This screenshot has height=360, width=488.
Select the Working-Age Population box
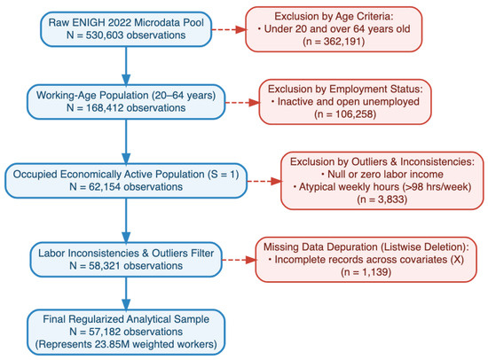coord(126,102)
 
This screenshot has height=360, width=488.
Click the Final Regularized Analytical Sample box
coord(126,332)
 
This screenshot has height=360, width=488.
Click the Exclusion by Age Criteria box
coord(334,29)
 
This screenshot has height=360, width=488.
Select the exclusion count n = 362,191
coord(334,42)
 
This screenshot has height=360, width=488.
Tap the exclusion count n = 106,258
coord(345,114)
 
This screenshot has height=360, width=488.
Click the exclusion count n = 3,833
coord(382,200)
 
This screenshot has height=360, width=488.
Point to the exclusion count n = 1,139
coord(366,272)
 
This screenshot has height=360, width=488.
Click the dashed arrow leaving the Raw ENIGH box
coord(229,29)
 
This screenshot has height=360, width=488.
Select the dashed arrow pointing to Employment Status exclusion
coord(242,102)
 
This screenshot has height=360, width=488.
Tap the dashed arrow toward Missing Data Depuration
coord(239,260)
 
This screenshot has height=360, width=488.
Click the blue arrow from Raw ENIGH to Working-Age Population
coord(126,66)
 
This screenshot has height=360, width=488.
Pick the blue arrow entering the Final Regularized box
coord(126,293)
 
